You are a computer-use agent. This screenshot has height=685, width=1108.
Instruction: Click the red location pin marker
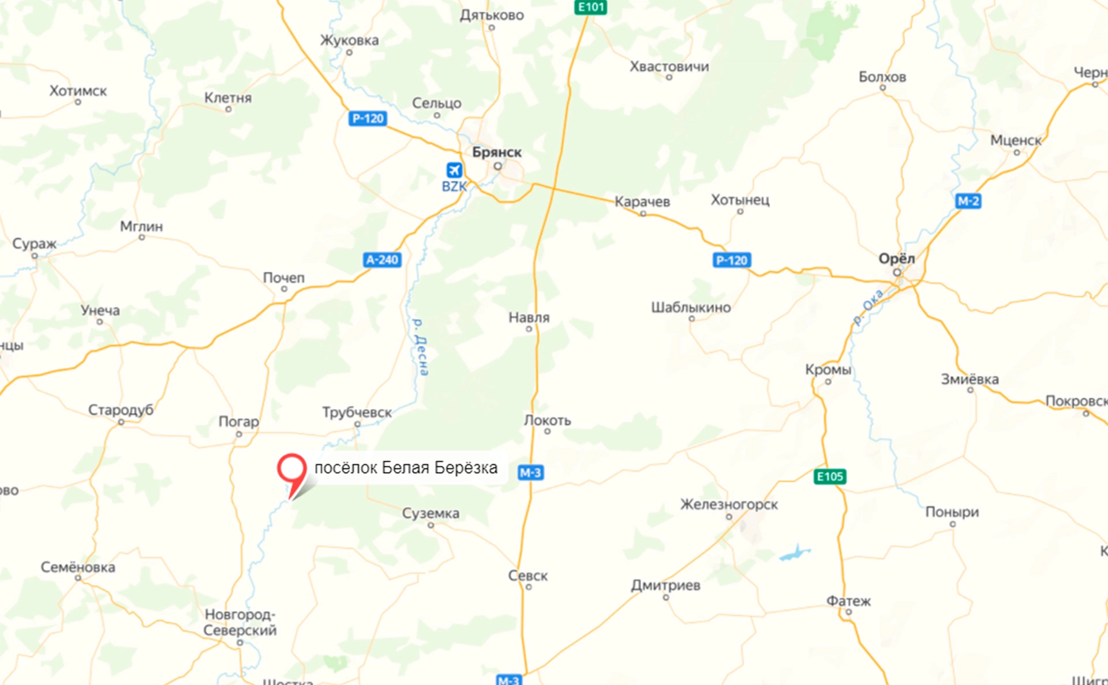pos(291,470)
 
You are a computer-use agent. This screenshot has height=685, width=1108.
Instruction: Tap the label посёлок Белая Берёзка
pos(406,467)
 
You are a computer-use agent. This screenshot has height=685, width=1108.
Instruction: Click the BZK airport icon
pos(454,170)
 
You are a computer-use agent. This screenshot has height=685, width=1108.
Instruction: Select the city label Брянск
pos(496,152)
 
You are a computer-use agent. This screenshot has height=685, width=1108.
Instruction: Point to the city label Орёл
pos(896,259)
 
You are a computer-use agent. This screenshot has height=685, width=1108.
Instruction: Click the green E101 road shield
pos(590,7)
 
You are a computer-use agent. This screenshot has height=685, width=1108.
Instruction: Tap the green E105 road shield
pos(830,477)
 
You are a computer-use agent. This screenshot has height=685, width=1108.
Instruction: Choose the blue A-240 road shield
pos(382,260)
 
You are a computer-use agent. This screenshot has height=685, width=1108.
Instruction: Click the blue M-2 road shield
pos(968,201)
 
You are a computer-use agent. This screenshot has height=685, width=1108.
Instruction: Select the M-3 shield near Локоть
pos(530,473)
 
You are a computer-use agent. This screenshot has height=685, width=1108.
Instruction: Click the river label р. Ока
pos(869,307)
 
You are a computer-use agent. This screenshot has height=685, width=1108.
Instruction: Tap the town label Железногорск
pos(729,504)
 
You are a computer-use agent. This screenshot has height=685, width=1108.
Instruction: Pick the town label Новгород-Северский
pos(240,622)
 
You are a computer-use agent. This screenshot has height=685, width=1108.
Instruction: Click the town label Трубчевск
pos(357,413)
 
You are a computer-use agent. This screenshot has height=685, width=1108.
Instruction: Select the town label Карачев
pos(642,202)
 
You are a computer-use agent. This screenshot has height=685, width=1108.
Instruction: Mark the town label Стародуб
pos(121,410)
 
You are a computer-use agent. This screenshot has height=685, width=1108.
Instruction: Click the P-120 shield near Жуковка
pos(368,118)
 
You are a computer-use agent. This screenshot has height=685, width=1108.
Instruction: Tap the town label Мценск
pos(1016,140)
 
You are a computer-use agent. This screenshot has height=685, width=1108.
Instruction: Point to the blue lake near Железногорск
pos(795,553)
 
